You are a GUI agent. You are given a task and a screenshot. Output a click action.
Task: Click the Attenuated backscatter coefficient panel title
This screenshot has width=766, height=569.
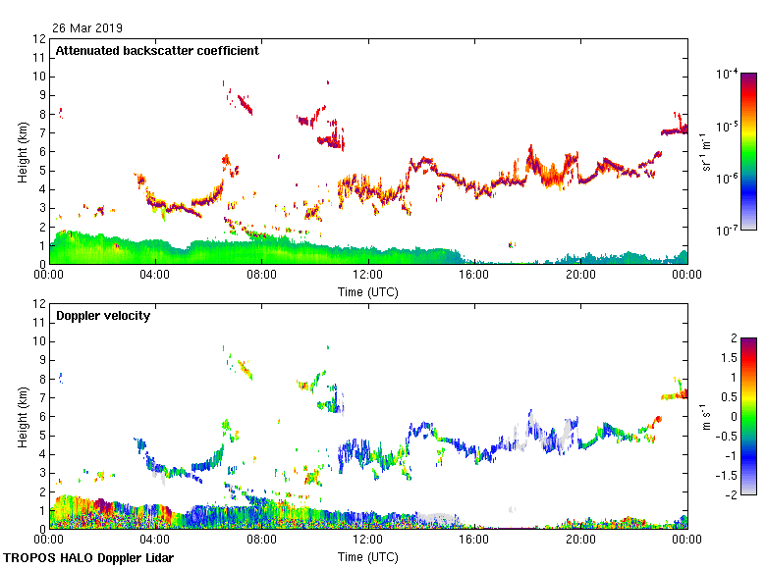click(x=157, y=51)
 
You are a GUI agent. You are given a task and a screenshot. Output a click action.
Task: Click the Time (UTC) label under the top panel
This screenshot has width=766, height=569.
click(x=368, y=291)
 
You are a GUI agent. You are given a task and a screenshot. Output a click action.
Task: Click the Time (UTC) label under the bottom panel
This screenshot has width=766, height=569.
click(x=368, y=556)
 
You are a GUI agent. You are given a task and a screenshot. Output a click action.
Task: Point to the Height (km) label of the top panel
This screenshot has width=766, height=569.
click(x=22, y=152)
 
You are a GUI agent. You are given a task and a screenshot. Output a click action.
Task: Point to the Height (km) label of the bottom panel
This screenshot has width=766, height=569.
click(x=22, y=417)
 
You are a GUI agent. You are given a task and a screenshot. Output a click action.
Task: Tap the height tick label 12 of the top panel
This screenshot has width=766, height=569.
click(x=39, y=39)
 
